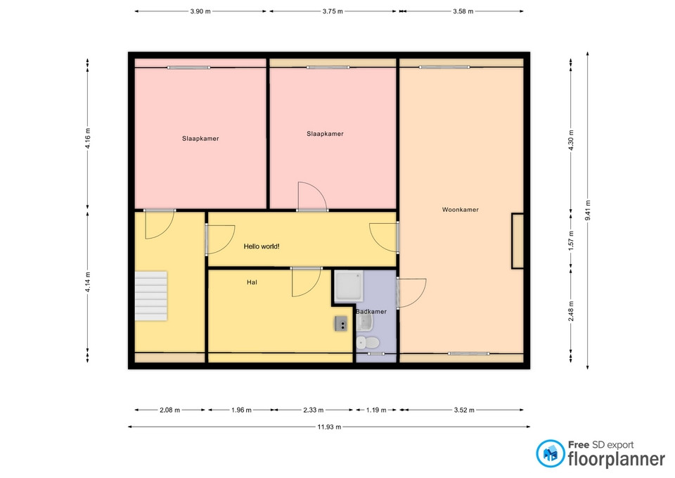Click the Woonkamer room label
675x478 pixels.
click(460, 210)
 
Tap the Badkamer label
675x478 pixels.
click(371, 312)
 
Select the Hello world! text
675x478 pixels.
click(262, 246)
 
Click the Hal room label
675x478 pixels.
click(252, 282)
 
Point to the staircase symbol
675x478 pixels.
click(151, 296)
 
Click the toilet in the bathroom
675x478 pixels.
click(368, 343)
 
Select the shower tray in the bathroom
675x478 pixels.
click(349, 285)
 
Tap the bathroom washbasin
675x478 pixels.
click(364, 322)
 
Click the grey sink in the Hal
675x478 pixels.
click(341, 323)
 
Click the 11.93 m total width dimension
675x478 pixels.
click(329, 427)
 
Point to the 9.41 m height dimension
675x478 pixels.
click(588, 210)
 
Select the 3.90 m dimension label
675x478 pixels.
click(200, 12)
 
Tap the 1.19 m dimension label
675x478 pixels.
click(376, 410)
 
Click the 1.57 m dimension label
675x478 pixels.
click(571, 241)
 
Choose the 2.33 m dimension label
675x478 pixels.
click(314, 410)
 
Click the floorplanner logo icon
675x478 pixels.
click(550, 453)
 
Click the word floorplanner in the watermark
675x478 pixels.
click(617, 460)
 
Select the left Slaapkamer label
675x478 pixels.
click(200, 139)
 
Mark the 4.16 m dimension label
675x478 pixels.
click(87, 139)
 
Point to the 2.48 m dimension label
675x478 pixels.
click(571, 311)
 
